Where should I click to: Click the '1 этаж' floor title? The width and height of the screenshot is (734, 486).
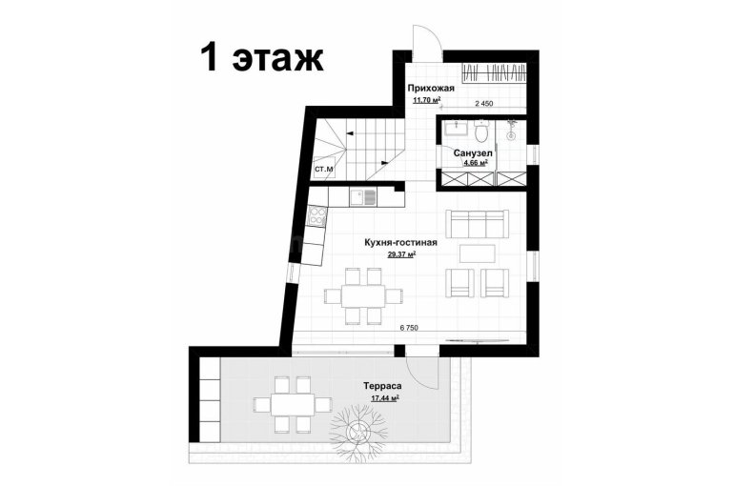click(262, 58)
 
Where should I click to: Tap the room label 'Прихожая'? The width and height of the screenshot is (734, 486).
click(431, 88)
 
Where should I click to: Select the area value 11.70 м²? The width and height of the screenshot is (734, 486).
click(427, 100)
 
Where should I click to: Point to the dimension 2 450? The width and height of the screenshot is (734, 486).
click(484, 104)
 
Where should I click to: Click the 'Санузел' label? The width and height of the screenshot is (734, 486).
click(473, 152)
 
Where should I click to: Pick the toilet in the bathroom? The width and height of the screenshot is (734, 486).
click(480, 132)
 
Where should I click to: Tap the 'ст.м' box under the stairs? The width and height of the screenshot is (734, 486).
click(323, 169)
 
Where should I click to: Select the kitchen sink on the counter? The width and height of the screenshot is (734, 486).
click(363, 197)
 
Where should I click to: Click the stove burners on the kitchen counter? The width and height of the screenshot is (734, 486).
click(317, 216)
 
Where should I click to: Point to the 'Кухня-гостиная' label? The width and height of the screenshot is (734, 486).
click(400, 242)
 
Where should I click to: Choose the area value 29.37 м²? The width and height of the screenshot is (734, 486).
click(402, 254)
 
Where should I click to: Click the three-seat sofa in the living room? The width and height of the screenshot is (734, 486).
click(477, 224)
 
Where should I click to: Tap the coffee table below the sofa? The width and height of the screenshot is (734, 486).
click(477, 253)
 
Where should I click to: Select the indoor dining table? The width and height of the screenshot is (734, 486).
click(363, 295)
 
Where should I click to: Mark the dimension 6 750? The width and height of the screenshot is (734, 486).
click(409, 328)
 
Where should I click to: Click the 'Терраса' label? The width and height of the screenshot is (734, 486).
click(383, 386)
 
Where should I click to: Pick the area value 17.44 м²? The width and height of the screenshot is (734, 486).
click(385, 398)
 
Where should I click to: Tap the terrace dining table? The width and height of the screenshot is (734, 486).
click(293, 405)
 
